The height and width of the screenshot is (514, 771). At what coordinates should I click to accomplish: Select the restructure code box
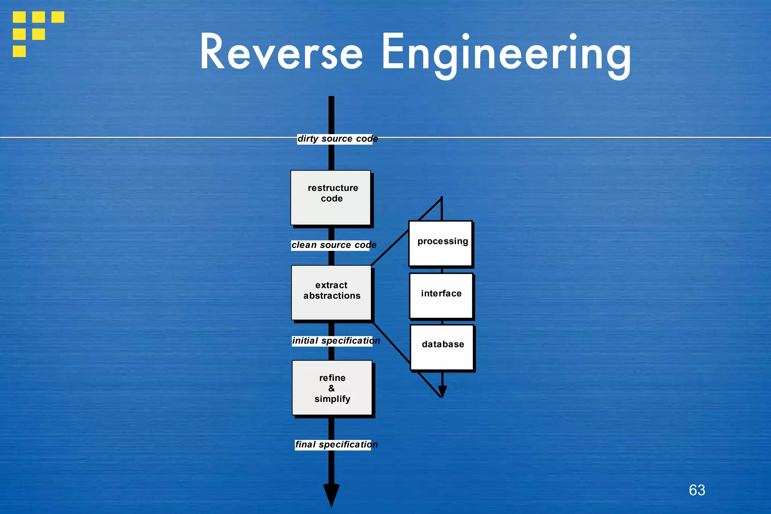(x=331, y=198)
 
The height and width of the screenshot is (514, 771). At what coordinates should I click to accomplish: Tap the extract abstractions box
(x=332, y=293)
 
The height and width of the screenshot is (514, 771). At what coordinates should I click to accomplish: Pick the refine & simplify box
(x=332, y=388)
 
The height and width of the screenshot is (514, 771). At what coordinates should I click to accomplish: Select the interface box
(x=441, y=296)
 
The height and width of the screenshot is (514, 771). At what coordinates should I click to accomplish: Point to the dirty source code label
(x=337, y=139)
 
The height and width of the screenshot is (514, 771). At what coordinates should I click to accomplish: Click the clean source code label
(x=334, y=245)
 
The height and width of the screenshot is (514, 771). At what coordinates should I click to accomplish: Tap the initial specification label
(x=335, y=341)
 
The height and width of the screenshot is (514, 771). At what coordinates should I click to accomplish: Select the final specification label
(x=336, y=445)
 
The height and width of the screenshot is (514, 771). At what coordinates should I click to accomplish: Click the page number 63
(x=697, y=490)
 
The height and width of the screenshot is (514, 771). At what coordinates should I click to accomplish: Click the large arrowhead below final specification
(x=331, y=494)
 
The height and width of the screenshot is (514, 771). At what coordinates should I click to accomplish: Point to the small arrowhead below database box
(x=442, y=392)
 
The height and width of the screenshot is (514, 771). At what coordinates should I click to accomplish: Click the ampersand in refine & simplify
(x=331, y=388)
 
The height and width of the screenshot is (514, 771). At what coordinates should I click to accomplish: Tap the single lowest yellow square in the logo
(x=19, y=51)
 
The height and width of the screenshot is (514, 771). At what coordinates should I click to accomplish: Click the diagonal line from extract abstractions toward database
(x=392, y=343)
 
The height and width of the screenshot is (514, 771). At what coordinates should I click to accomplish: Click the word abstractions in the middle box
(x=332, y=296)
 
